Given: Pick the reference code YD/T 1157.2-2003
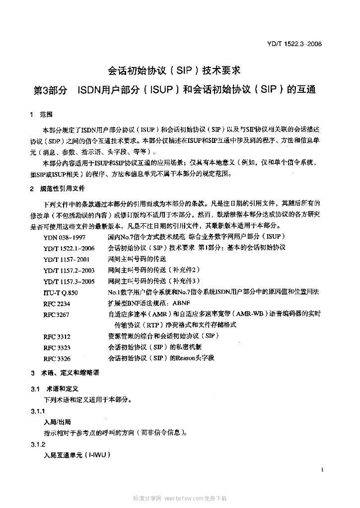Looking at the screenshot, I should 69,270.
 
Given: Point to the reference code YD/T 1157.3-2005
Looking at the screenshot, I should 69,281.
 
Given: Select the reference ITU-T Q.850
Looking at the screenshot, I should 61,293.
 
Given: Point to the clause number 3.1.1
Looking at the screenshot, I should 38,411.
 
